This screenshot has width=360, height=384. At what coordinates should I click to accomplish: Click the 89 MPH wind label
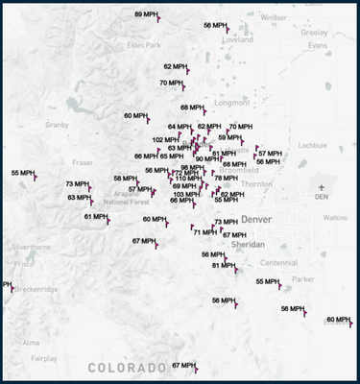coord(146,14)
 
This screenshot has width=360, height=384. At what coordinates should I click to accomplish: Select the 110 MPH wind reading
coord(187,179)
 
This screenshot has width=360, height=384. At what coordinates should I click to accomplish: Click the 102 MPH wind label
coord(165,139)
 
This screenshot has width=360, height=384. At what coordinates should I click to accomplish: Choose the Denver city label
coord(257,220)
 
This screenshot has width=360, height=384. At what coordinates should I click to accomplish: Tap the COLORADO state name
coord(127,368)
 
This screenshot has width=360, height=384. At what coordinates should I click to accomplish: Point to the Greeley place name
coord(314,32)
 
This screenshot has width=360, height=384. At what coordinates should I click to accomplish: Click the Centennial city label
coord(278,262)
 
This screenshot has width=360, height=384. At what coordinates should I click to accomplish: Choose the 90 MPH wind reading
coord(206,158)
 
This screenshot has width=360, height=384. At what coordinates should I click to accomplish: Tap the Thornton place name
coord(256,183)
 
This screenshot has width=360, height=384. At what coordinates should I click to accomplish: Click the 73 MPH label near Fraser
coord(77,183)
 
